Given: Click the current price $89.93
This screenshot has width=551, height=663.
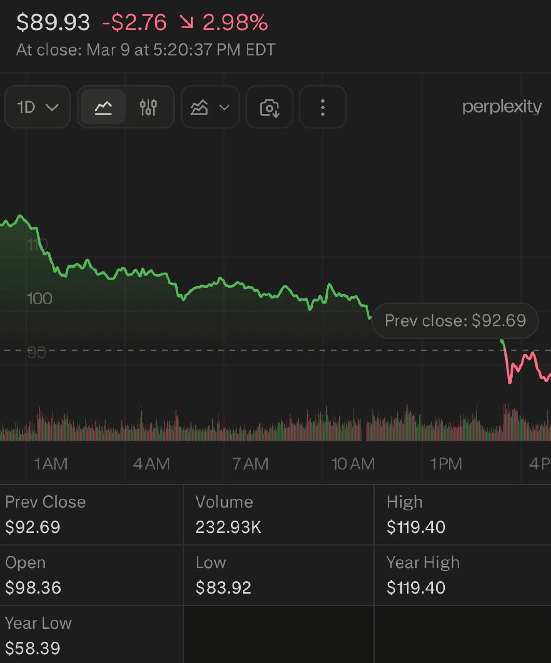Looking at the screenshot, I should pyautogui.click(x=53, y=22).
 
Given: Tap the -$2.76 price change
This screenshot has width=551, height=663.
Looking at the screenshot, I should pyautogui.click(x=134, y=22).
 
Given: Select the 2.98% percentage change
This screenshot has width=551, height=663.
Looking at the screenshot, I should pyautogui.click(x=235, y=22).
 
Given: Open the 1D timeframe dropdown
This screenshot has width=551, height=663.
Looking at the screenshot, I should pyautogui.click(x=37, y=107).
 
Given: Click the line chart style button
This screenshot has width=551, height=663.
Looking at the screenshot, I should pyautogui.click(x=104, y=107).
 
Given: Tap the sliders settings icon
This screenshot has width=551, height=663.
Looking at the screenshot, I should pyautogui.click(x=148, y=107).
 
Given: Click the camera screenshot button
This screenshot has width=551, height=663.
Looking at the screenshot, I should pyautogui.click(x=269, y=107).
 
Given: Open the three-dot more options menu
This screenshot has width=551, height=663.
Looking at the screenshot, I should pyautogui.click(x=323, y=107).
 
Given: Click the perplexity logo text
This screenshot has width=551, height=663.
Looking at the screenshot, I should pyautogui.click(x=501, y=107).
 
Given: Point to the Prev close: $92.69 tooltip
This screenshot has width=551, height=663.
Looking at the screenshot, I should pyautogui.click(x=455, y=321).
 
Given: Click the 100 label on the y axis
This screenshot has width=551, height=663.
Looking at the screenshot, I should pyautogui.click(x=40, y=298).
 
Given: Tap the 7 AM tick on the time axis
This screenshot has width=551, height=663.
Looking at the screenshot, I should pyautogui.click(x=251, y=464).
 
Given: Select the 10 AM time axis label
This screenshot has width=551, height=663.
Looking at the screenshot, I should pyautogui.click(x=353, y=464).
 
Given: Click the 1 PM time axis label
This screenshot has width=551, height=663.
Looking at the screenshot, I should pyautogui.click(x=446, y=464).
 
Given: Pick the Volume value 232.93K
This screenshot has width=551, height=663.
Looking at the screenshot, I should pyautogui.click(x=228, y=527).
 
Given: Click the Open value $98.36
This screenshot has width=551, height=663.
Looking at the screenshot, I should pyautogui.click(x=33, y=588).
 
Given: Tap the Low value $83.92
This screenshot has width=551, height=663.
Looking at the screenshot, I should pyautogui.click(x=223, y=588).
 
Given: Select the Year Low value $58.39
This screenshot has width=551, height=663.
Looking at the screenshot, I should pyautogui.click(x=33, y=648).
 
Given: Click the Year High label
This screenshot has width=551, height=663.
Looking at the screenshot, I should pyautogui.click(x=423, y=563).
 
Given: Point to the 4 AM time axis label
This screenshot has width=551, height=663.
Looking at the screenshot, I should pyautogui.click(x=151, y=464).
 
